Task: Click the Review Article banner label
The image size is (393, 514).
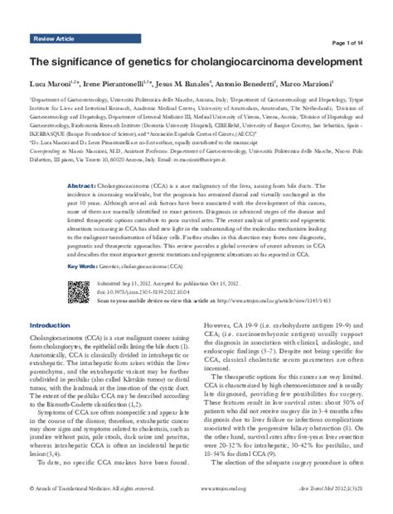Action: (55, 39)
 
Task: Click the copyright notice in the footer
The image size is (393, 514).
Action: (87, 490)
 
